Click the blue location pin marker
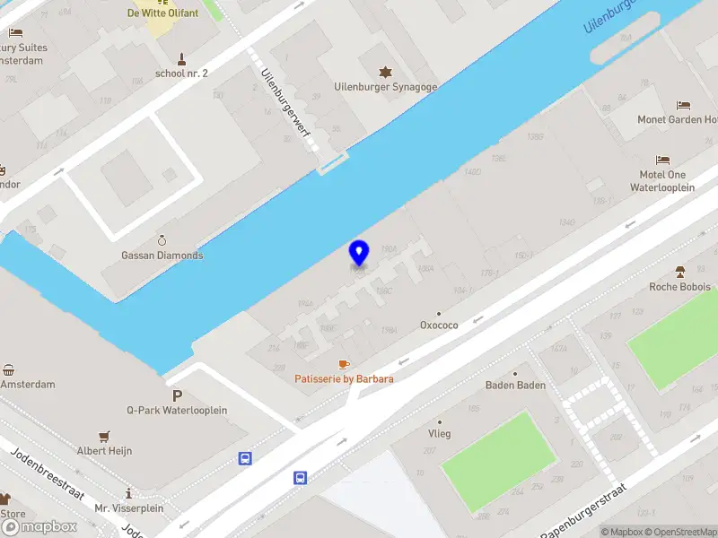tap(359, 253)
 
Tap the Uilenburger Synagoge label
tap(385, 87)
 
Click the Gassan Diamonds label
tap(162, 256)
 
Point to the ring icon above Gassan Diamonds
tap(162, 240)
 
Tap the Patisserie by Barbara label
tap(344, 378)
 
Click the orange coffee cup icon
tap(343, 363)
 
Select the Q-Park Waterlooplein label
tap(177, 411)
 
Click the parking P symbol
tap(177, 395)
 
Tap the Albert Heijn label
tap(104, 451)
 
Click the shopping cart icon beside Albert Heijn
tap(104, 436)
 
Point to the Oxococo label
tap(439, 325)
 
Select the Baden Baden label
tap(515, 386)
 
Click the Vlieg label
tap(439, 434)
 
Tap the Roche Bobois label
tap(679, 287)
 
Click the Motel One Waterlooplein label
tap(662, 182)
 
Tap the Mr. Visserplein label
tap(129, 508)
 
